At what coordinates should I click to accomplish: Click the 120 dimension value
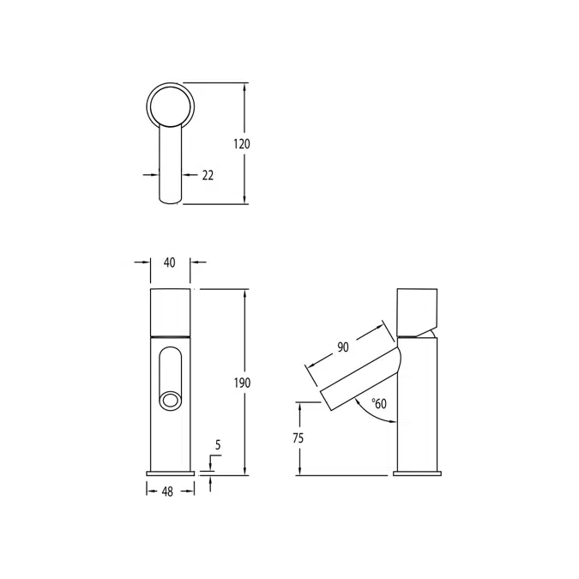[x=242, y=144]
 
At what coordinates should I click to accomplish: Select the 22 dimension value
[x=208, y=175]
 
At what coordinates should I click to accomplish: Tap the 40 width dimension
[x=170, y=263]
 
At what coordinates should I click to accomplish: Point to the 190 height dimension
[x=242, y=383]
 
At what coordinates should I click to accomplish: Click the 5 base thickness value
[x=218, y=445]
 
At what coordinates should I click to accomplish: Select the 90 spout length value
[x=342, y=347]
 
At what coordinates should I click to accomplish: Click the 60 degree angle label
[x=378, y=403]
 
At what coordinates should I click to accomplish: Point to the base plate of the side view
[x=417, y=473]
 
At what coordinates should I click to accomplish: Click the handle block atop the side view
[x=418, y=310]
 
